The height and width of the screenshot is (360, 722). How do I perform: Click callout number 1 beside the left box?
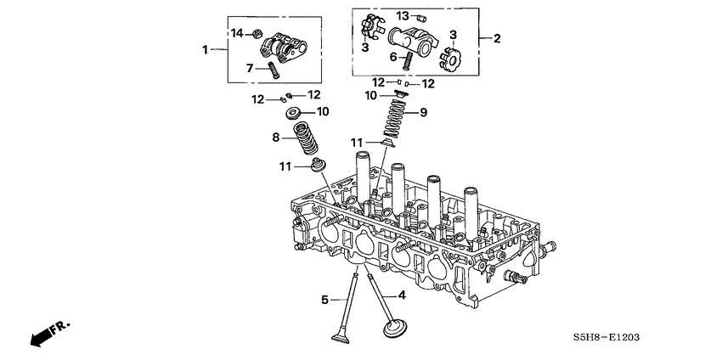pyautogui.click(x=205, y=50)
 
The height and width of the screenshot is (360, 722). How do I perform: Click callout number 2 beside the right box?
pyautogui.click(x=496, y=38)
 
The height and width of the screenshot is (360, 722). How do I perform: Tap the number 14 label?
pyautogui.click(x=239, y=33)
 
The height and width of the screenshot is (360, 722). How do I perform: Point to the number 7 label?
pyautogui.click(x=249, y=67)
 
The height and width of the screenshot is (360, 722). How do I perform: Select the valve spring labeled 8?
pyautogui.click(x=302, y=137)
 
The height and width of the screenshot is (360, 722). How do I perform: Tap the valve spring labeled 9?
pyautogui.click(x=393, y=119)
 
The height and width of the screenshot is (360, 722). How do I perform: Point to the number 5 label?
pyautogui.click(x=324, y=299)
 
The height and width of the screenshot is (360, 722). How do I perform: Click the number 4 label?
pyautogui.click(x=402, y=295)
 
